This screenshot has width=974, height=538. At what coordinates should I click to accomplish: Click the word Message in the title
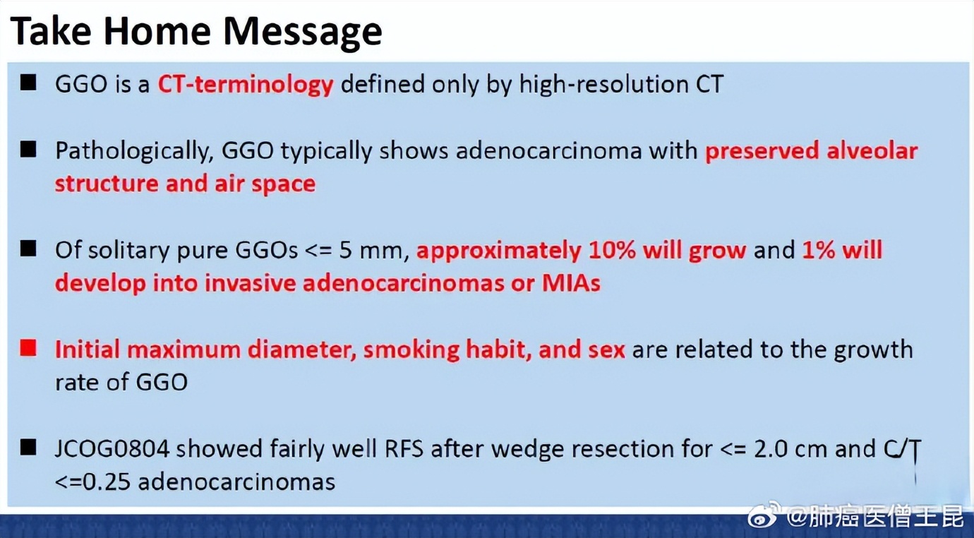click(302, 32)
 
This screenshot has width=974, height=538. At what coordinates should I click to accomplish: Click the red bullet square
click(28, 348)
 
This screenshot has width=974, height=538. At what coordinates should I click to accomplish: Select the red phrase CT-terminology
click(245, 85)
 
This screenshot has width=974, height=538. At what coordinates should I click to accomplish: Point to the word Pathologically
click(134, 152)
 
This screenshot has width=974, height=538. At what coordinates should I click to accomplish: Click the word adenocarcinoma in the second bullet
click(548, 151)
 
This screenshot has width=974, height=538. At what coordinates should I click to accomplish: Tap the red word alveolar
click(872, 150)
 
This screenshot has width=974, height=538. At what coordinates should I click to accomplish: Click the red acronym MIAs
click(571, 283)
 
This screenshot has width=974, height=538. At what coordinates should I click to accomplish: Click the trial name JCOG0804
click(112, 449)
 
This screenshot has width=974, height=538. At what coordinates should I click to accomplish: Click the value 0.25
click(106, 482)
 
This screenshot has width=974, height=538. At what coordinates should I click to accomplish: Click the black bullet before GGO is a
click(28, 82)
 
